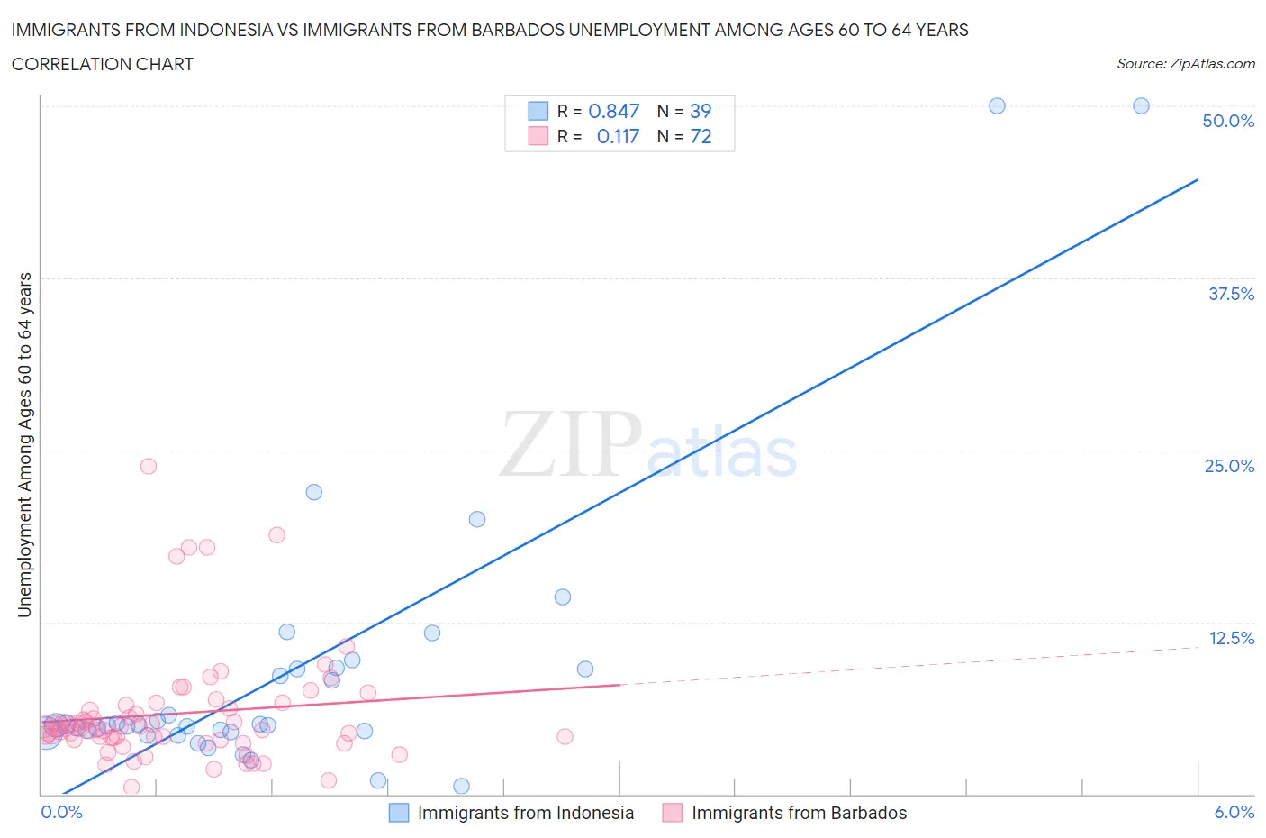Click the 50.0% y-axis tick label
point(1227,121)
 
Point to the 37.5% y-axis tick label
point(1230,294)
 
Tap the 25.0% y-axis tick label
point(1228,466)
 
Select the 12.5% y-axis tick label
point(1230,638)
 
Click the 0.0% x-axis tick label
point(61,812)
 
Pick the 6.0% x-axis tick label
point(1234,812)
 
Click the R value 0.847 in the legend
point(613,111)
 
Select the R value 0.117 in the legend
point(618,136)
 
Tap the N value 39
point(700,111)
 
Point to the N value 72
point(700,136)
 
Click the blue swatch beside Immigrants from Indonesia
point(398,813)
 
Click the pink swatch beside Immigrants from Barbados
point(672,813)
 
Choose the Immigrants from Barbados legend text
point(799,813)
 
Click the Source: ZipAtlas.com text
point(1185,64)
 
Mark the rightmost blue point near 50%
point(1141,105)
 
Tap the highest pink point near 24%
point(149,466)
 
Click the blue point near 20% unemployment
point(477,519)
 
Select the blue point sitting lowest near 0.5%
point(461,786)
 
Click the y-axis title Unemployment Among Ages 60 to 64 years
point(24,444)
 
